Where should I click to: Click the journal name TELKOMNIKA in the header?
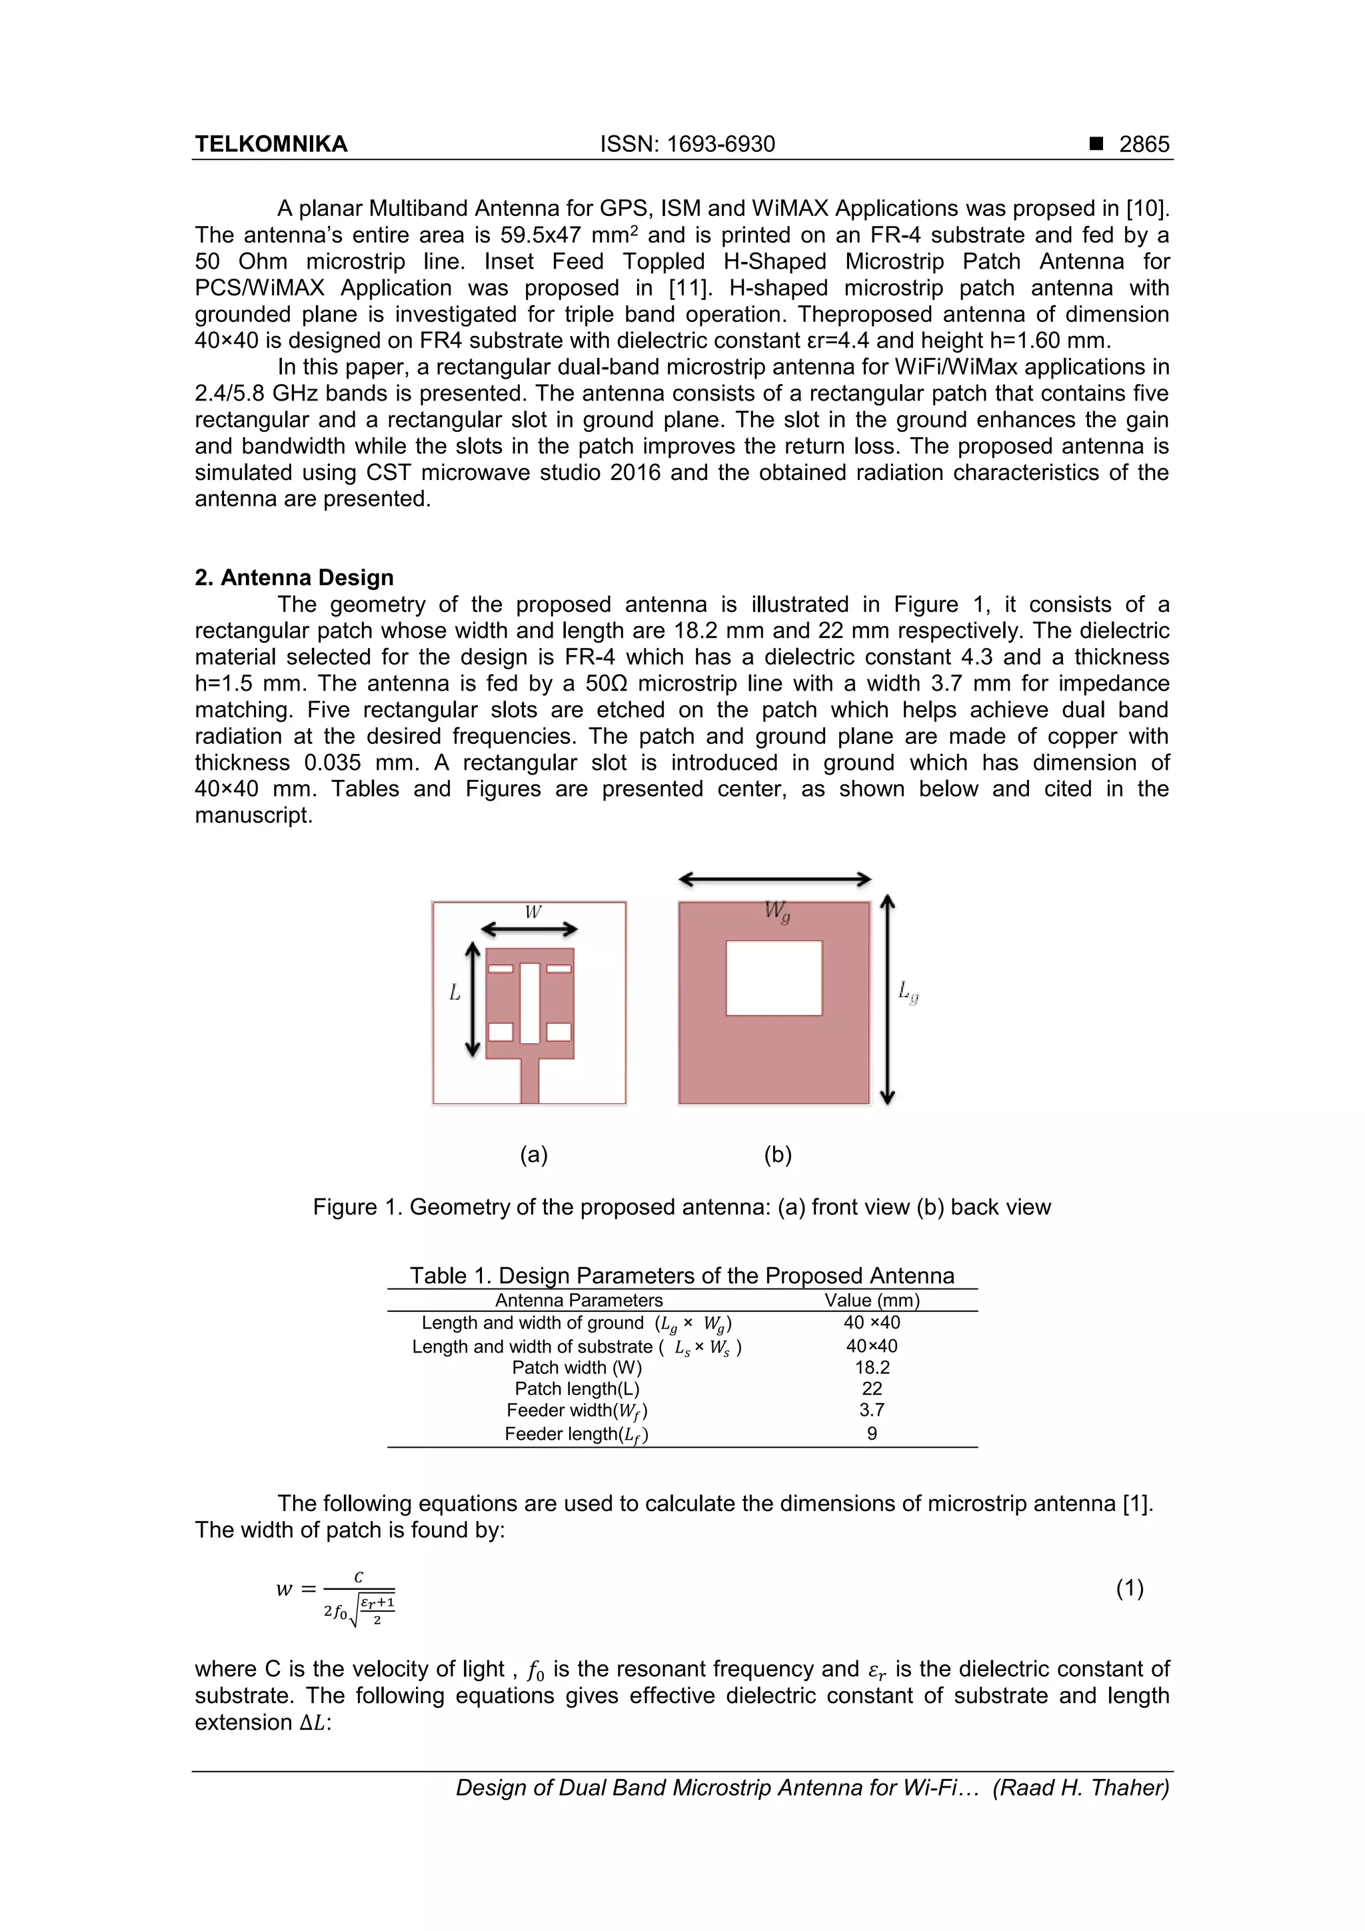(x=271, y=144)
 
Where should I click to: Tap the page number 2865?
(x=1143, y=144)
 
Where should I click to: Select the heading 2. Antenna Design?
(x=295, y=578)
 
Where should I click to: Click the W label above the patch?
(x=533, y=912)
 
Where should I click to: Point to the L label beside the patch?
(x=455, y=993)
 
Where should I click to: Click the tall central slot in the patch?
(x=530, y=1002)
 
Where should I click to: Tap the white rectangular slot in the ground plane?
(x=774, y=978)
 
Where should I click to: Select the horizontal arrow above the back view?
(x=774, y=880)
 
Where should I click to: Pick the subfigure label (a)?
(x=534, y=1154)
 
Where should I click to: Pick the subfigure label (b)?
(x=778, y=1154)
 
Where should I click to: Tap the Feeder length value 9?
(x=872, y=1433)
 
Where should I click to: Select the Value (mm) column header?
(x=872, y=1300)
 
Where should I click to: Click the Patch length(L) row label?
(x=577, y=1388)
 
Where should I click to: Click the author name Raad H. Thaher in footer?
(x=1080, y=1787)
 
